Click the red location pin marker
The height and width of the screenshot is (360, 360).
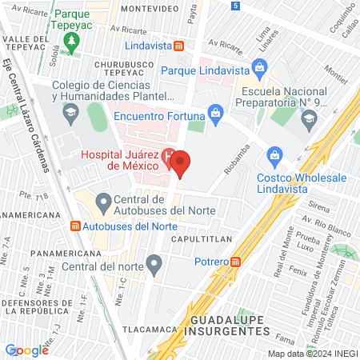click(181, 164)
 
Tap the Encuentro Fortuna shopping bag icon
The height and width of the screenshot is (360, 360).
click(214, 112)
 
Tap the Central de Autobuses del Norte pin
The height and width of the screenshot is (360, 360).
click(102, 200)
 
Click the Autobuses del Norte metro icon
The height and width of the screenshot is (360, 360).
click(76, 226)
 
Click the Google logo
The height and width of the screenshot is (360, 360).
click(26, 350)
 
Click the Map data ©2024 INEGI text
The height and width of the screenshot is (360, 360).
click(312, 354)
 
